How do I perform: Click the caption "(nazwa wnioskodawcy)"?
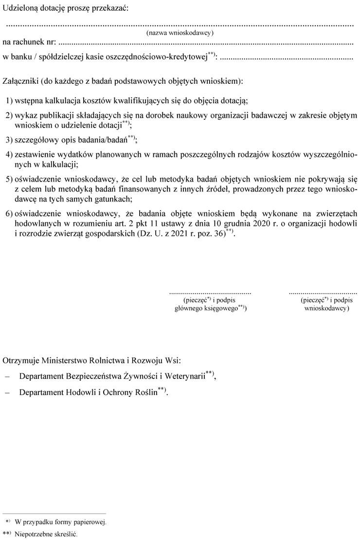pyautogui.click(x=180, y=33)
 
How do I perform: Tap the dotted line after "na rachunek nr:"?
pyautogui.click(x=204, y=44)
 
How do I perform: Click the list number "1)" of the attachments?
pyautogui.click(x=10, y=101)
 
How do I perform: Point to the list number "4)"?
pyautogui.click(x=10, y=154)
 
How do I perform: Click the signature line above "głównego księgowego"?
pyautogui.click(x=210, y=294)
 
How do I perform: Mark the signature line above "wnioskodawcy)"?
pyautogui.click(x=323, y=294)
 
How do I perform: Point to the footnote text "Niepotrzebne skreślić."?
pyautogui.click(x=43, y=534)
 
